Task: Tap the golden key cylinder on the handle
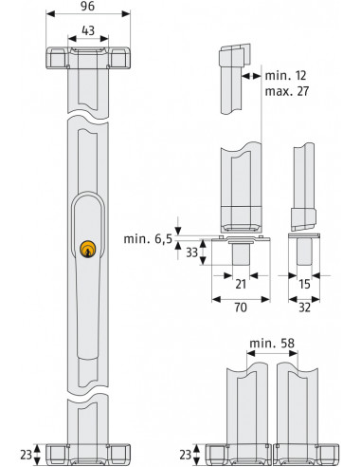(x=88, y=249)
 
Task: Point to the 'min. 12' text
(x=285, y=74)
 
